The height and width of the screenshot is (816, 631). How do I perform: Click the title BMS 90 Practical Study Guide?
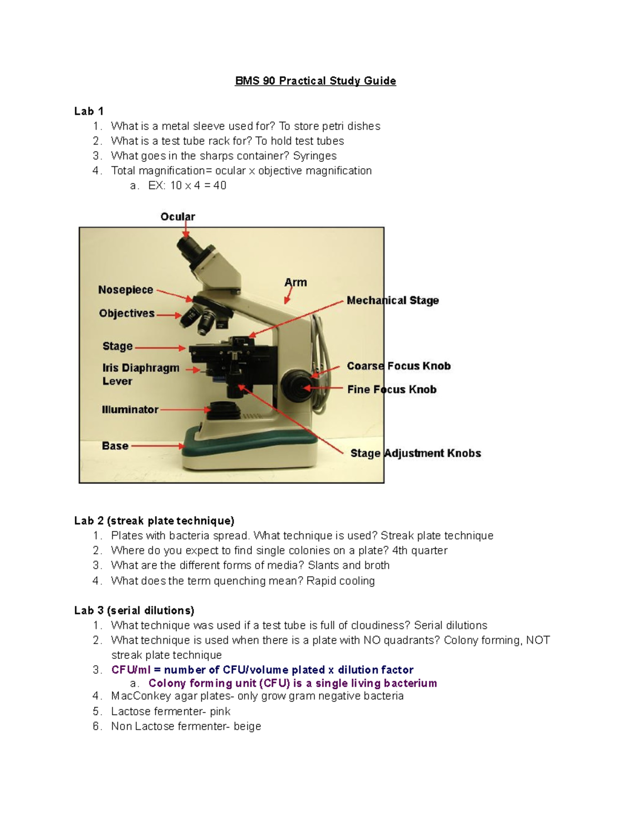315,81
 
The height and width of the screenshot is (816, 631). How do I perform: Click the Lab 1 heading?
88,111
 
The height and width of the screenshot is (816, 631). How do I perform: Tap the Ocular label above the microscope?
178,216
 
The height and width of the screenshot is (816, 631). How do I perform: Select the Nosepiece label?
126,290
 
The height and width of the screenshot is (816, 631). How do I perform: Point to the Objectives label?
127,313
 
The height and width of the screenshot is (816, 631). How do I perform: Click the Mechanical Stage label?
392,301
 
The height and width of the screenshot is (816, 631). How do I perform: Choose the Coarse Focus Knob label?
399,366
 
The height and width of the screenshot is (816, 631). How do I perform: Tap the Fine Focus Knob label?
392,389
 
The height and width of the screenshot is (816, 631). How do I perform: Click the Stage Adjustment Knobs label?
415,453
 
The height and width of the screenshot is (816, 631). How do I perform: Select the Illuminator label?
130,409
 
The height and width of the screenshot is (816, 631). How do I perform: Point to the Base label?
115,446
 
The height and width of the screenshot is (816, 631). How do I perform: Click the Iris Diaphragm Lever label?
140,374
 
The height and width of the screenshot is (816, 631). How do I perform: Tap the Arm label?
296,283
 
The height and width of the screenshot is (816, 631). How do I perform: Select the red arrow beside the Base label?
157,446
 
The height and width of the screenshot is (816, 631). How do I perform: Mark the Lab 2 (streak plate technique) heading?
154,521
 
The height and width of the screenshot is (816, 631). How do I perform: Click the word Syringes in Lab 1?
314,156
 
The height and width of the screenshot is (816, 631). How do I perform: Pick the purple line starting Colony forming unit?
292,683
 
